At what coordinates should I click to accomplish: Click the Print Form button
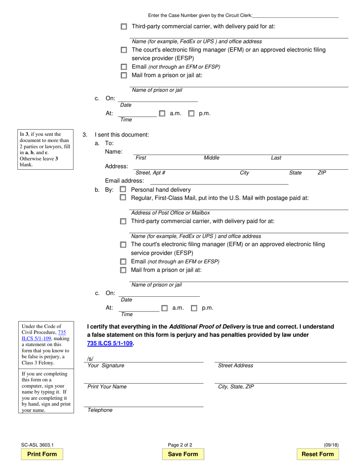coord(42,454)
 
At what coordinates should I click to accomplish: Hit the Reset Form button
coord(318,454)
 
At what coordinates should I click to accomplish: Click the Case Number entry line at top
coord(296,16)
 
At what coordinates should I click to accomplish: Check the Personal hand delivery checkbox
coord(123,189)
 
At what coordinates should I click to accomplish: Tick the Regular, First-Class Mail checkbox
coord(123,197)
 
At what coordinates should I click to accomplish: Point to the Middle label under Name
coord(211,158)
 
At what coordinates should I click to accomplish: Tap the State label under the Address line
coord(295,173)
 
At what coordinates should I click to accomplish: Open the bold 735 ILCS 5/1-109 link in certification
coord(110,343)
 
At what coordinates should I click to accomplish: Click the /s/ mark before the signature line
coord(90,359)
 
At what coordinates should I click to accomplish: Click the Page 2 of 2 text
coord(180,445)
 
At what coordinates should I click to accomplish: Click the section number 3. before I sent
coord(85,134)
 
